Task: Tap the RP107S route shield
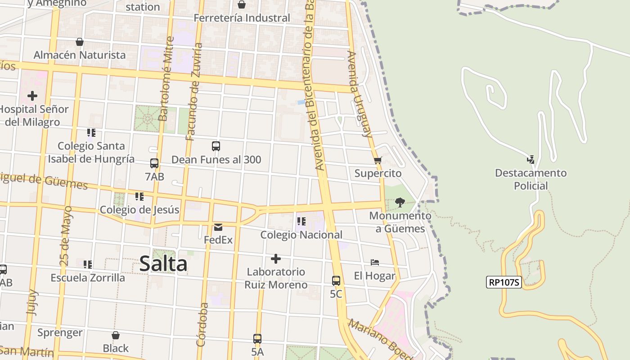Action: click(504, 283)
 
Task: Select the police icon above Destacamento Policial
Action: click(531, 159)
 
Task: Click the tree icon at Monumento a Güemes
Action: click(400, 202)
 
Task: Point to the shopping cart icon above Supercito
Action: click(378, 160)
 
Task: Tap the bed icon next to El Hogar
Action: click(375, 262)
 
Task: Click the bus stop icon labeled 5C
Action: click(336, 281)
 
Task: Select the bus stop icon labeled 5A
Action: click(257, 339)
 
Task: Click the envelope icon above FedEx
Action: click(218, 227)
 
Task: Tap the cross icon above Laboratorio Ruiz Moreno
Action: click(276, 259)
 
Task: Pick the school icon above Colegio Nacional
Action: click(301, 221)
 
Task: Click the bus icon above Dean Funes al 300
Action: click(216, 146)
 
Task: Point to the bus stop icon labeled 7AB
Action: click(154, 163)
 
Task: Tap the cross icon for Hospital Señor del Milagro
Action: click(32, 96)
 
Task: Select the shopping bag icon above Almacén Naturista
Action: click(80, 42)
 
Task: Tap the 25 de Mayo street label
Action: click(66, 235)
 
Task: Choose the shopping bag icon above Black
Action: click(116, 335)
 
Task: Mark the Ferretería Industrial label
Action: click(242, 18)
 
